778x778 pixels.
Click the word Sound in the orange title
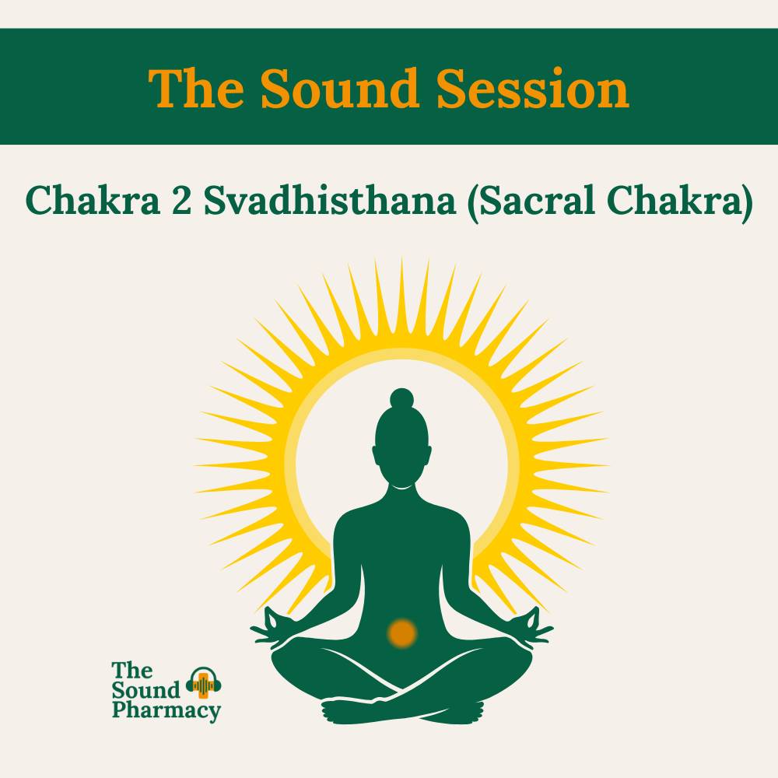340,89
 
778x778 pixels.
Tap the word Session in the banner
533,89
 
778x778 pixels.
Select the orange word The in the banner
197,89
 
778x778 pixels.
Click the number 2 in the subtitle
181,201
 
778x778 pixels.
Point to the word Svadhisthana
329,201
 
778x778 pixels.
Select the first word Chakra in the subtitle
93,201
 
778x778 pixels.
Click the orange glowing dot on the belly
402,633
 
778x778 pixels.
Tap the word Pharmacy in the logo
166,710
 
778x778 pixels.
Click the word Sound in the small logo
146,690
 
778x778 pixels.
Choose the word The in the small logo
132,671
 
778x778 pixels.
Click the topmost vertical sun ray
402,303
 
